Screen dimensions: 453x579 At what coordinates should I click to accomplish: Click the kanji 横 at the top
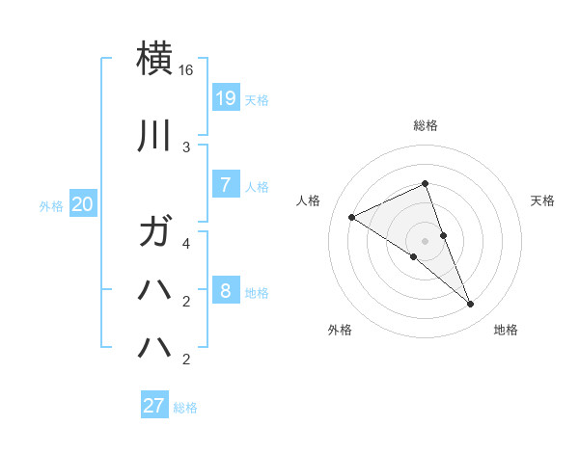coord(155,58)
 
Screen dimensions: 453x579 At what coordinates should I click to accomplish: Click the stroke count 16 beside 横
coord(186,70)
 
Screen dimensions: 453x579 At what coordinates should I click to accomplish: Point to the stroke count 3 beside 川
coord(186,147)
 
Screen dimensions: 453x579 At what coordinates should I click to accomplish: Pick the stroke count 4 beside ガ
coord(186,244)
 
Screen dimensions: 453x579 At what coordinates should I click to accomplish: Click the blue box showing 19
coord(225,97)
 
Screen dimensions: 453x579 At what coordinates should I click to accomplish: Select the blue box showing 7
coord(225,185)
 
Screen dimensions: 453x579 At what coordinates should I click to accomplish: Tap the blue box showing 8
coord(225,291)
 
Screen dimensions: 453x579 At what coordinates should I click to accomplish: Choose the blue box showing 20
coord(82,204)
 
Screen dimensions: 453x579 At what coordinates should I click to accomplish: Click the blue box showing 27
coord(154,406)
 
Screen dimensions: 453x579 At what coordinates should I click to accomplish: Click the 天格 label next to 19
coord(257,100)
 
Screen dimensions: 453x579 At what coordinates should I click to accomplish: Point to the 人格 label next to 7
coord(257,187)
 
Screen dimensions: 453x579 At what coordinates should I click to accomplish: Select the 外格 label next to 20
coord(51,206)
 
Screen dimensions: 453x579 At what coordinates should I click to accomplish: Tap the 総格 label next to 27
coord(185,408)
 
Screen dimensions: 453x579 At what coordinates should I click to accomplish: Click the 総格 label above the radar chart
coord(426,125)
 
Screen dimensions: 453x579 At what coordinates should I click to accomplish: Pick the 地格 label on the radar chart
coord(506,330)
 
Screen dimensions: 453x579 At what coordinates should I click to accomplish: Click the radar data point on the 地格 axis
coord(471,305)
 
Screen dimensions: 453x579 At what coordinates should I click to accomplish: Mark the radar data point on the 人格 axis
coord(352,218)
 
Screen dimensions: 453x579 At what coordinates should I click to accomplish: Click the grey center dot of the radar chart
coord(426,241)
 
